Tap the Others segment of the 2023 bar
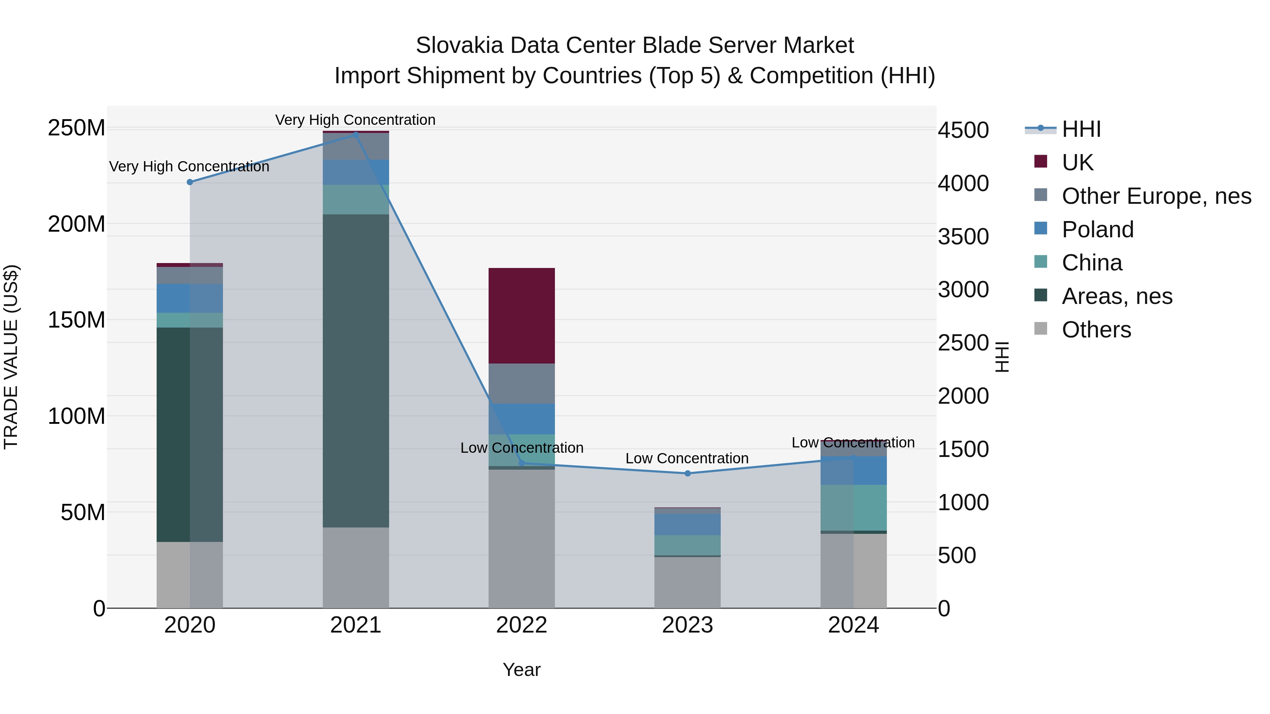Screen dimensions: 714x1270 pos(687,582)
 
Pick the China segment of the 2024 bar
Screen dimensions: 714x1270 pos(853,507)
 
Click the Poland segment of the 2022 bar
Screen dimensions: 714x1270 pos(522,419)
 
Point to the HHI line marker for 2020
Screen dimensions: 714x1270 pos(190,182)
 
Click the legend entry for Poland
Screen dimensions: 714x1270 pos(1097,230)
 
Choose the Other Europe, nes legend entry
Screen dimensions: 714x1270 pos(1156,196)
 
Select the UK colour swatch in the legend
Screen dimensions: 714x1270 pos(1040,161)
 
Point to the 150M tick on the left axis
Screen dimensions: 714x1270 pos(77,320)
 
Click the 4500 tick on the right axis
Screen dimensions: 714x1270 pos(963,130)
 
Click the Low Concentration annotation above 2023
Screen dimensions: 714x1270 pos(687,458)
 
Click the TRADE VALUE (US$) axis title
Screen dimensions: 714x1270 pos(11,357)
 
